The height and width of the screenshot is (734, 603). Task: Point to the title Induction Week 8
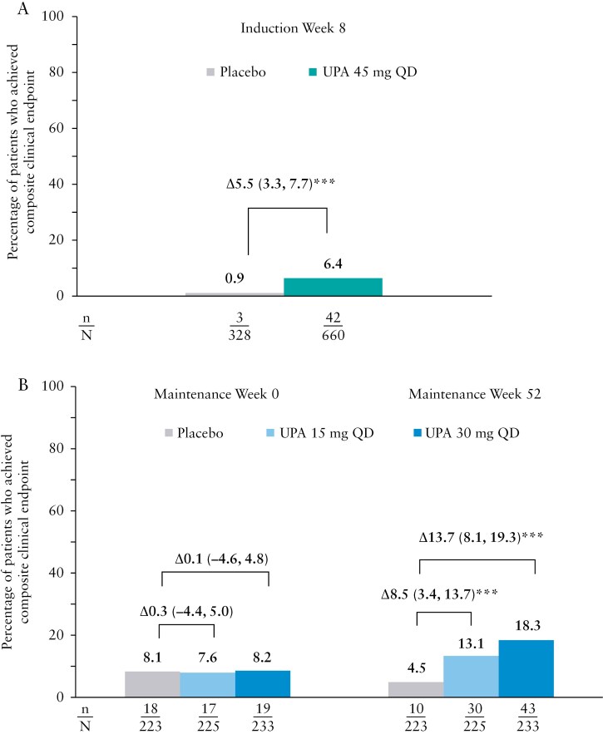284,29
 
